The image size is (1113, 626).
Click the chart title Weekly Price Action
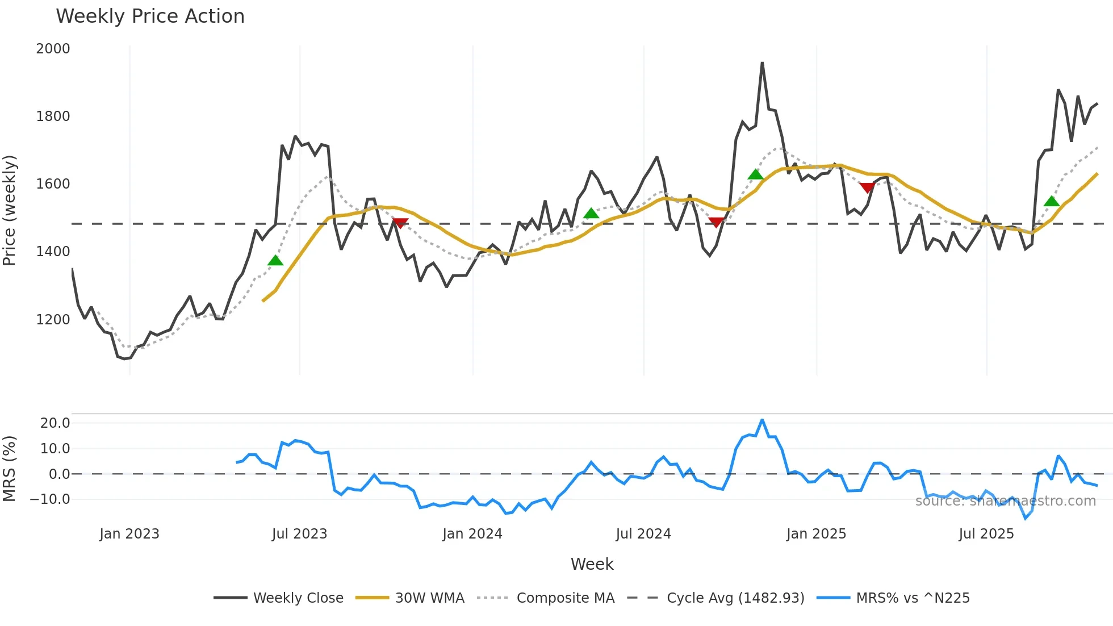click(150, 16)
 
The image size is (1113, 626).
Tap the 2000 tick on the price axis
click(53, 49)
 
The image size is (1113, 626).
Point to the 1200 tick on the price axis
click(53, 320)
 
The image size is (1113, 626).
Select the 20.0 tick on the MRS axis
click(55, 423)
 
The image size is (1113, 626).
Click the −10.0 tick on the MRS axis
click(50, 500)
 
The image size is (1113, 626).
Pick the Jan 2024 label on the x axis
click(472, 534)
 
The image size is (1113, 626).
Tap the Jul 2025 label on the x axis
click(986, 534)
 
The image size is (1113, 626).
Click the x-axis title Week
click(592, 564)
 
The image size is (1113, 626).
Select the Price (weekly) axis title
click(10, 210)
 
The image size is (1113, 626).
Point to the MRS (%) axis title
click(10, 469)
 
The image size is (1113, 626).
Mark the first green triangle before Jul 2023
click(275, 261)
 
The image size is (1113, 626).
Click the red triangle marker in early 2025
click(867, 187)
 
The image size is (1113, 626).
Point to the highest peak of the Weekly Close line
click(762, 63)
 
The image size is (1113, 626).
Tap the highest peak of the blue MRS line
click(762, 420)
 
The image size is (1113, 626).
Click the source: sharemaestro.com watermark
click(1005, 501)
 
